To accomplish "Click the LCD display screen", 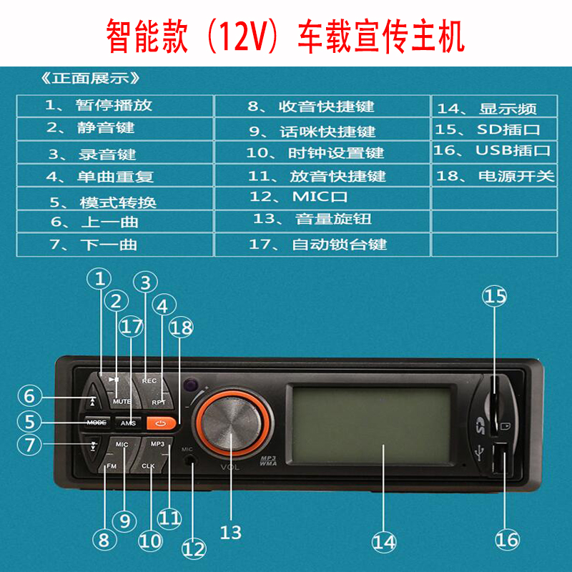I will point(371,430).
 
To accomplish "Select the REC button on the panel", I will point(149,381).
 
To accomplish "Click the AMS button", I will point(128,423).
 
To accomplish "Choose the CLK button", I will point(148,465).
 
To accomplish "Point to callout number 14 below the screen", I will point(384,542).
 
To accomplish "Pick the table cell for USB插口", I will point(493,152).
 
